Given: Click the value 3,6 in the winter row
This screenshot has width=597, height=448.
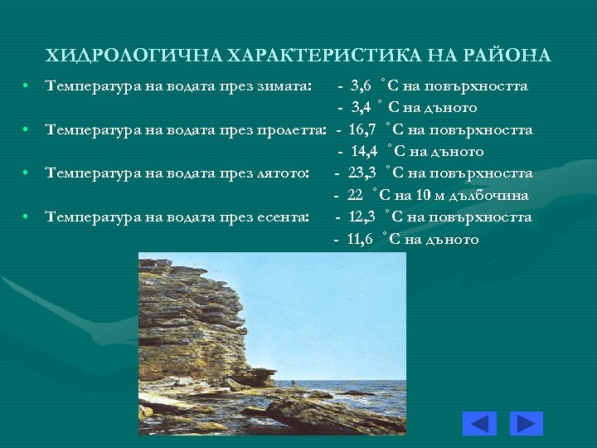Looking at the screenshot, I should click(361, 85).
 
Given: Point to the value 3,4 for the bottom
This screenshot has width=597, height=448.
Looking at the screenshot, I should click(361, 107).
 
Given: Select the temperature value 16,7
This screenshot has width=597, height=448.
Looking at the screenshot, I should click(363, 129).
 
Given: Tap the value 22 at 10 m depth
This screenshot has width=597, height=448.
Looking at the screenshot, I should click(356, 195).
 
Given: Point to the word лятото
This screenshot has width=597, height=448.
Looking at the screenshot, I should click(283, 173).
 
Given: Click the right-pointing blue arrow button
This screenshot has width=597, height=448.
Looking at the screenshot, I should click(526, 423).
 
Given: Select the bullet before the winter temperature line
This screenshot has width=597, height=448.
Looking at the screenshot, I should click(28, 85).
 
